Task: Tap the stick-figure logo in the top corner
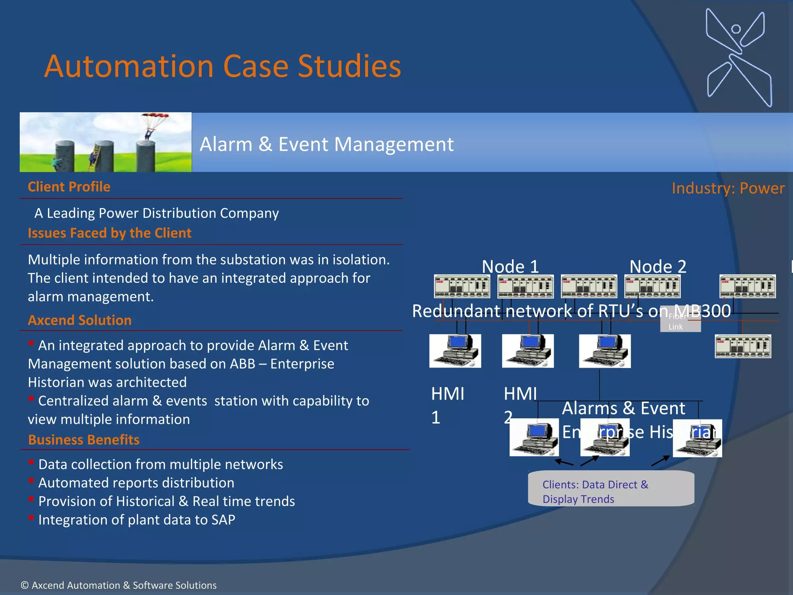[x=738, y=57]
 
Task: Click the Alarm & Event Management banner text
[x=326, y=144]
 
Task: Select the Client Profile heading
[x=69, y=187]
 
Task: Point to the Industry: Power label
[x=728, y=188]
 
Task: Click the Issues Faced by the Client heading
[x=110, y=233]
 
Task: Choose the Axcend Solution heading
[x=79, y=320]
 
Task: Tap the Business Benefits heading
[x=84, y=440]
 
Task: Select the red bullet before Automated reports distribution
[x=31, y=481]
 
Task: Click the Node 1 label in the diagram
[x=510, y=267]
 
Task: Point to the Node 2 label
[x=657, y=267]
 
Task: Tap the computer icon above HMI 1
[x=455, y=351]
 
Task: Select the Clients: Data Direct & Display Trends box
[x=611, y=489]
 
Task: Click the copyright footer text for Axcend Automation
[x=118, y=585]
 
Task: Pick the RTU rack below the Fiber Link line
[x=742, y=346]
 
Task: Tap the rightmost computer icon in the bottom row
[x=697, y=438]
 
